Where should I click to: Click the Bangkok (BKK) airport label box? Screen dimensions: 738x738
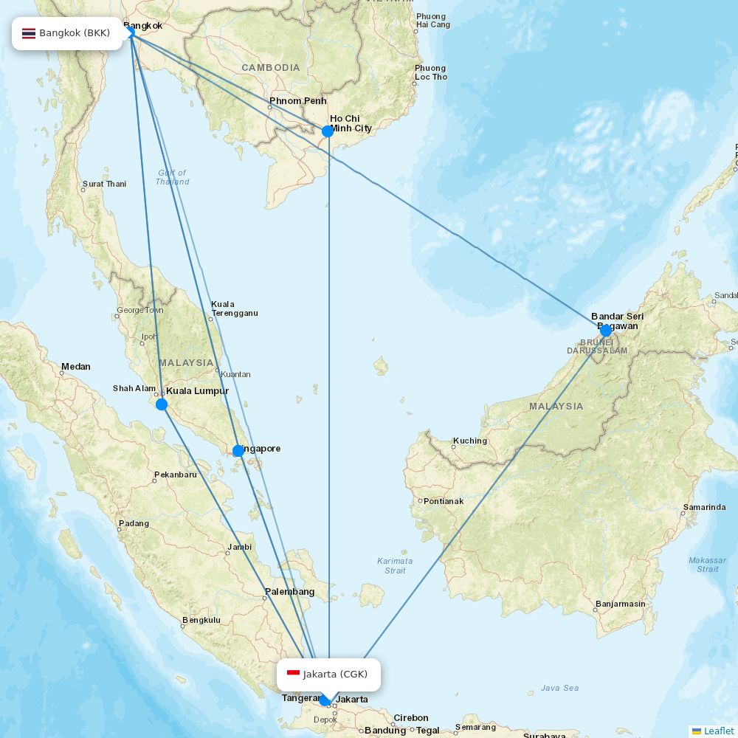tap(67, 33)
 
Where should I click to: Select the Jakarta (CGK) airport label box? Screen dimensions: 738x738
tap(328, 674)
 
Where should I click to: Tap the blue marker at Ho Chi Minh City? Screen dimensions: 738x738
tap(328, 131)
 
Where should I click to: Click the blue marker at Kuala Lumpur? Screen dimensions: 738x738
tap(162, 404)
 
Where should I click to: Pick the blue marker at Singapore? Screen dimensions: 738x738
tap(238, 450)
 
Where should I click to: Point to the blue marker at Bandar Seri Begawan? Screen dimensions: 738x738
tap(606, 330)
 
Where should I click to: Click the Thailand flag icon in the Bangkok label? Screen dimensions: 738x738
tap(29, 33)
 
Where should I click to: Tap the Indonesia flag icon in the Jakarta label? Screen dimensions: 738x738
tap(293, 674)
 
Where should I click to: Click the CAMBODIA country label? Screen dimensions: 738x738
tap(271, 68)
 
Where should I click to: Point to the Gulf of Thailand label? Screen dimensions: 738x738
tap(172, 177)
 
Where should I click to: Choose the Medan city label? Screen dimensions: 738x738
tap(75, 367)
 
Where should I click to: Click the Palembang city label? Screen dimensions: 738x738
tap(290, 592)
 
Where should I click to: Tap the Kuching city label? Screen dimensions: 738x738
tap(470, 441)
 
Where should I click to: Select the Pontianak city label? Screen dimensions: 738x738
tap(444, 501)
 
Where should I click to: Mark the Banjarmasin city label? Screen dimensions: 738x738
tap(620, 604)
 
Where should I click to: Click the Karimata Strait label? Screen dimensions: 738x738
tap(395, 565)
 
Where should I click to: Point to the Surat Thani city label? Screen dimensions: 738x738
tap(104, 184)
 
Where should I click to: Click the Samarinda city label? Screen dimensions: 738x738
tap(704, 507)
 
